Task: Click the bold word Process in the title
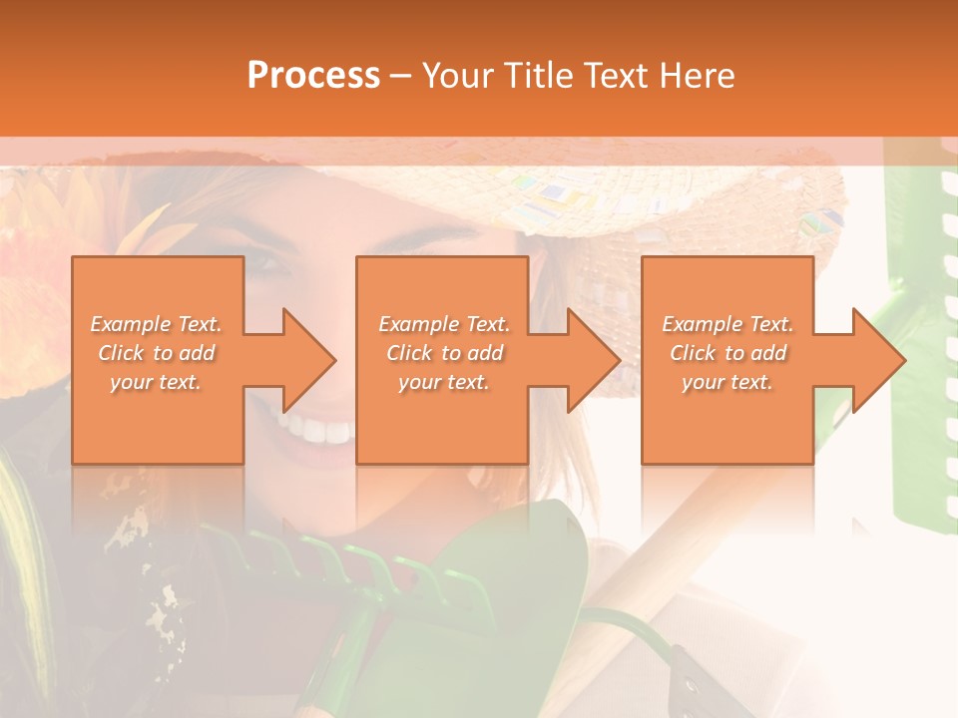pos(313,76)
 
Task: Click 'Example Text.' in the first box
pos(156,324)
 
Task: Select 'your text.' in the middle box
pos(443,382)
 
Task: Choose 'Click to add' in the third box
pos(728,353)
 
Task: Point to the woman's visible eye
pos(268,263)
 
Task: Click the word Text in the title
pos(617,76)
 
